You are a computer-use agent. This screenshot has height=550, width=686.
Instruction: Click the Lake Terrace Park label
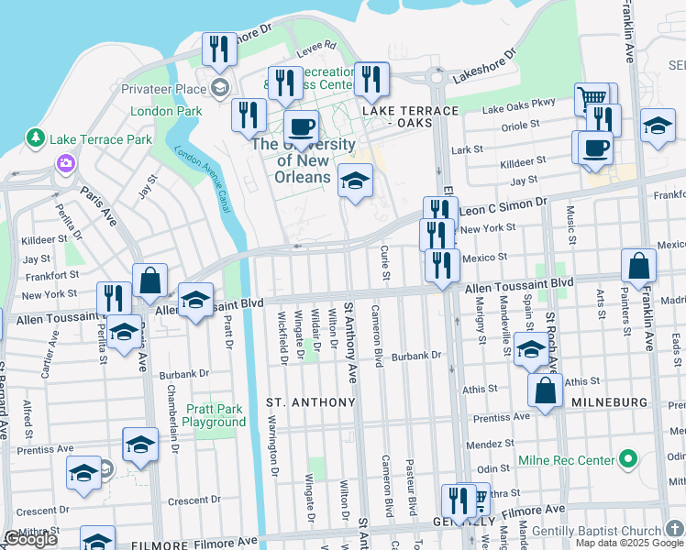pyautogui.click(x=101, y=139)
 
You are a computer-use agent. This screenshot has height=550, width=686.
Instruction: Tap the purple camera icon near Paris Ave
pyautogui.click(x=65, y=164)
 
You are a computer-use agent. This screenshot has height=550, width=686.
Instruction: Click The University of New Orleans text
pyautogui.click(x=303, y=160)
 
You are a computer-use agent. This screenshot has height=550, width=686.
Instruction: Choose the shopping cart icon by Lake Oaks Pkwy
pyautogui.click(x=592, y=98)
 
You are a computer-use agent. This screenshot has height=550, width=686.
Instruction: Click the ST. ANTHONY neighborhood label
pyautogui.click(x=310, y=402)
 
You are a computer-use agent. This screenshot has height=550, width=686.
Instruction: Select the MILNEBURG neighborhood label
pyautogui.click(x=609, y=402)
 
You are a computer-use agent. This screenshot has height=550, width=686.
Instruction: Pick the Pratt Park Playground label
pyautogui.click(x=214, y=415)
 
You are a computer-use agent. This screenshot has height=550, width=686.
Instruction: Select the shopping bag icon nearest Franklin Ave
pyautogui.click(x=638, y=266)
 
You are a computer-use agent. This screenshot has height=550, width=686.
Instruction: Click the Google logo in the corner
pyautogui.click(x=30, y=539)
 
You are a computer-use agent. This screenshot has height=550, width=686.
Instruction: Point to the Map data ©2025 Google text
pyautogui.click(x=629, y=543)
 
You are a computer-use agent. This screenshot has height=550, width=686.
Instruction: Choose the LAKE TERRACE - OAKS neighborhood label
pyautogui.click(x=410, y=116)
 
